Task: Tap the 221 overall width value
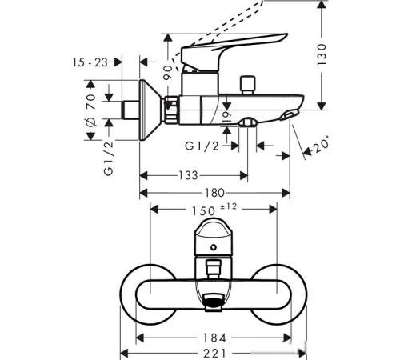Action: [x=214, y=353]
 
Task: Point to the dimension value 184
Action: [x=214, y=337]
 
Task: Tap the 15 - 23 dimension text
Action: [x=90, y=62]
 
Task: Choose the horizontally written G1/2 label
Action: [x=201, y=146]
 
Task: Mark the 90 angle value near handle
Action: [x=167, y=72]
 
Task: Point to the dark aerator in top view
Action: [x=214, y=303]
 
